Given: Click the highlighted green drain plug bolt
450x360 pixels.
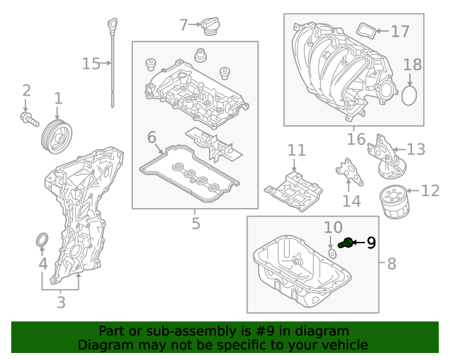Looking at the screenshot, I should click(x=345, y=243).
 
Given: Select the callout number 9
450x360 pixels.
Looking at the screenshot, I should click(x=371, y=243).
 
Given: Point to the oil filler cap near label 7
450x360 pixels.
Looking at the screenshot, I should click(x=211, y=27).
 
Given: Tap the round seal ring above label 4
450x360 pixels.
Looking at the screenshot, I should click(x=42, y=242).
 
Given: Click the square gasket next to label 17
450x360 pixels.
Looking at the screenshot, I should click(x=366, y=31).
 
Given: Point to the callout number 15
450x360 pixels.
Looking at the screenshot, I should click(x=91, y=64).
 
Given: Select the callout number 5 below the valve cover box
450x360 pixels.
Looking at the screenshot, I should click(x=195, y=224).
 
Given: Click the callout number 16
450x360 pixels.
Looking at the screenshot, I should click(x=352, y=138).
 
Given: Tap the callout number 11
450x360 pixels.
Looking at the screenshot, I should click(x=297, y=150).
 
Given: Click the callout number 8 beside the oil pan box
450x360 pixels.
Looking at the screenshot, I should click(x=392, y=264).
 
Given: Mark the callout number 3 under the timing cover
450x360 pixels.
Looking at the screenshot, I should click(x=61, y=302).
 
